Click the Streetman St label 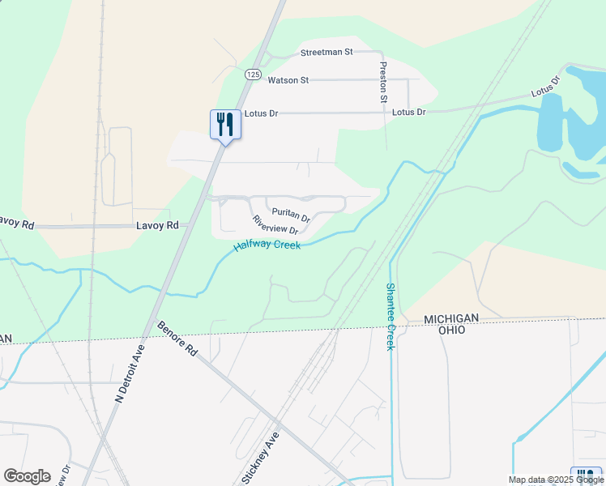tap(326, 52)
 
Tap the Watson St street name tap(288, 80)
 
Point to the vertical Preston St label tap(383, 83)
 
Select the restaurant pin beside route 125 tap(225, 125)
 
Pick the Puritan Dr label tap(291, 215)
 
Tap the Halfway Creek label tap(267, 244)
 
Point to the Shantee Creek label tap(390, 316)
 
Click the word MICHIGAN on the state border tap(452, 319)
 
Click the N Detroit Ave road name tap(129, 373)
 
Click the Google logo tap(27, 476)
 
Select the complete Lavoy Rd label tap(160, 226)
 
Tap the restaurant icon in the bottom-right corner tap(586, 476)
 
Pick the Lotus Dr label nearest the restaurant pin tap(261, 113)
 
